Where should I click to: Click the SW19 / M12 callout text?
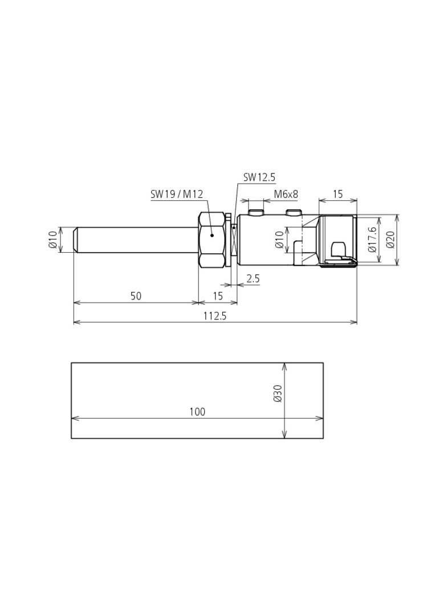(x=177, y=194)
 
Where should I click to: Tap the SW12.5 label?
(x=259, y=177)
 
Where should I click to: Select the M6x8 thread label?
(x=286, y=194)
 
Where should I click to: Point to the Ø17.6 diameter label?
(x=372, y=240)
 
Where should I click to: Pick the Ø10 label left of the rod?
(x=53, y=240)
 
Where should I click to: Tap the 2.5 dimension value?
(x=253, y=278)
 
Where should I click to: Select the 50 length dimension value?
(x=136, y=296)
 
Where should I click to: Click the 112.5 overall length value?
(x=215, y=316)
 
